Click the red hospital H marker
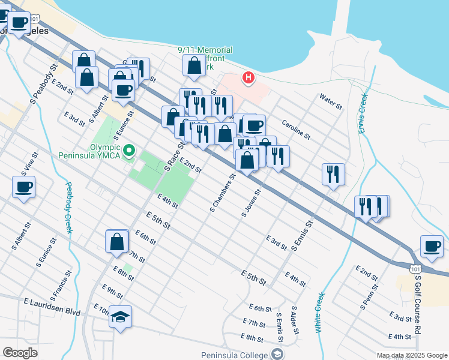coord(247,77)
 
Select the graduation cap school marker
coord(120,317)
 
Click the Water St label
coord(331,101)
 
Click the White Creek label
coord(318,313)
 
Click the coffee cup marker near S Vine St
coord(23,187)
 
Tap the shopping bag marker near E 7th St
coord(117,241)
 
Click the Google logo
coord(20,352)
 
